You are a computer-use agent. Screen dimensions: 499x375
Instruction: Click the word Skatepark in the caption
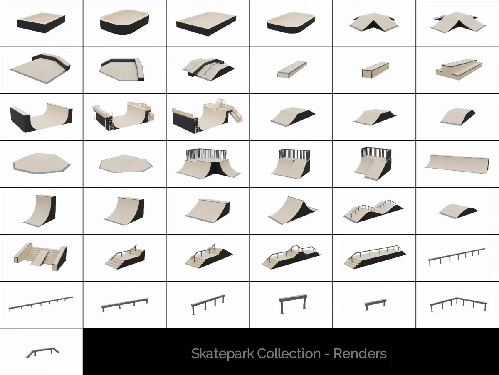pos(222,354)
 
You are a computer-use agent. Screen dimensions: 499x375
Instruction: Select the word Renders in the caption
pos(360,353)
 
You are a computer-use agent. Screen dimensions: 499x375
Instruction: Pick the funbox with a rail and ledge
pos(208,67)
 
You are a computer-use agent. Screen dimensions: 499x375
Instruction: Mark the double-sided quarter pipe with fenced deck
pos(208,164)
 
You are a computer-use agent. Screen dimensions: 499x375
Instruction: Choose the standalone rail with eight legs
pos(457,257)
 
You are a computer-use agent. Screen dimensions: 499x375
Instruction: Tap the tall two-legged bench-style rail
pos(293,304)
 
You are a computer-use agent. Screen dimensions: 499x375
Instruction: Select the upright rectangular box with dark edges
pos(375,70)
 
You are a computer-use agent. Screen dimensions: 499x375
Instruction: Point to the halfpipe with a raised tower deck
pos(208,116)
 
